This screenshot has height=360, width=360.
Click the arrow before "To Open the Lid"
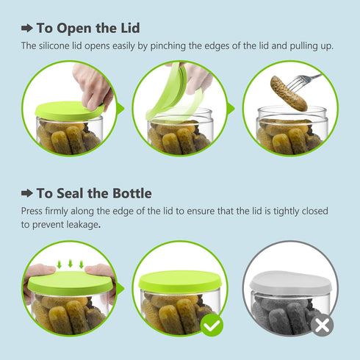26,29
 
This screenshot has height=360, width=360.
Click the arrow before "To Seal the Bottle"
26,193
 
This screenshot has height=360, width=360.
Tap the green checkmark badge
212,324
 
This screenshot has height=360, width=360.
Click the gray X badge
320,324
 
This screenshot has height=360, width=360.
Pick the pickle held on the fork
288,93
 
